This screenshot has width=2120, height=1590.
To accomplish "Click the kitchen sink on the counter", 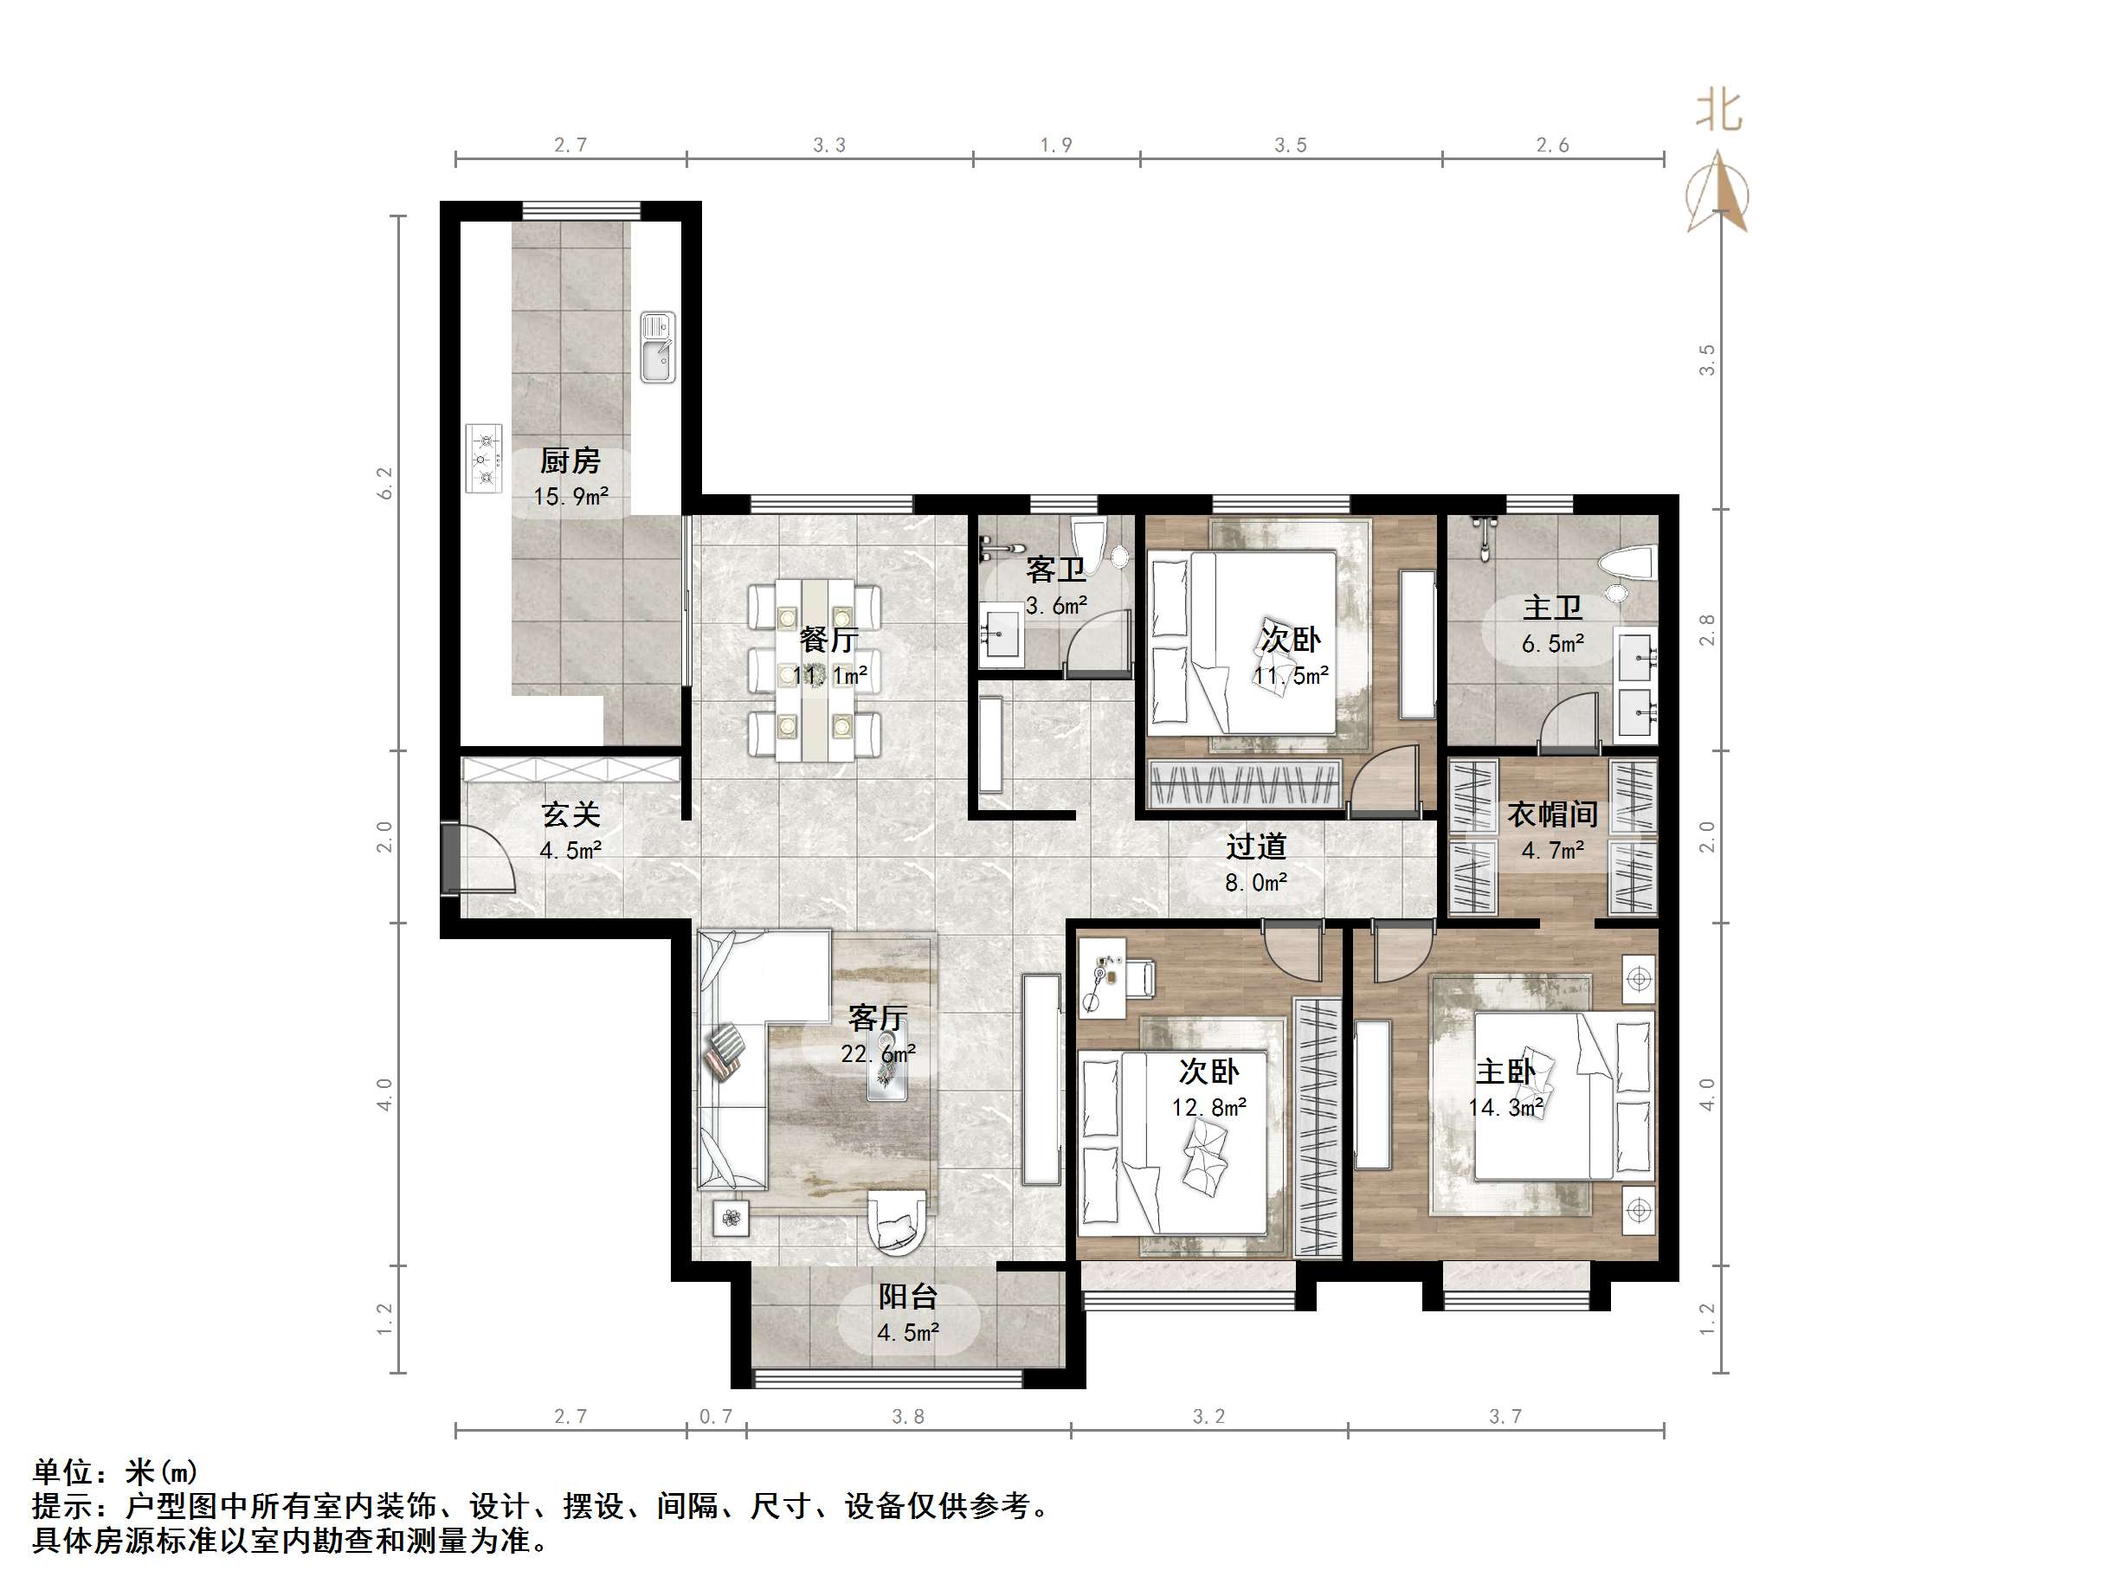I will [x=658, y=347].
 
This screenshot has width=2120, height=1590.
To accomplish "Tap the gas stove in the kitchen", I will [x=485, y=458].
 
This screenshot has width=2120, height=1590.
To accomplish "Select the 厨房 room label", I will [x=570, y=461].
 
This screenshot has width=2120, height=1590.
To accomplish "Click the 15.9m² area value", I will [x=570, y=497].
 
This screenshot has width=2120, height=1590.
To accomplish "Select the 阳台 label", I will [x=906, y=1297].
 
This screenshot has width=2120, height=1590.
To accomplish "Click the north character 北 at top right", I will [x=1718, y=111].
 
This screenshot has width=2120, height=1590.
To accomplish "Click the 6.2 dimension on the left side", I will [x=385, y=483].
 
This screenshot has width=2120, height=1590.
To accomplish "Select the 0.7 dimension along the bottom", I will [x=715, y=1415].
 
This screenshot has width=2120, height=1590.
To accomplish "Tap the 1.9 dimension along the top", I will [x=1055, y=145].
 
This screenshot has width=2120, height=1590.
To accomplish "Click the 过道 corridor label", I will [x=1255, y=846].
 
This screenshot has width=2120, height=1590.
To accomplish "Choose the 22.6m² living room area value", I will [x=878, y=1054].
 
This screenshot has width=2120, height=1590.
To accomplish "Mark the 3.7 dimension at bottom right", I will [x=1505, y=1415].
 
